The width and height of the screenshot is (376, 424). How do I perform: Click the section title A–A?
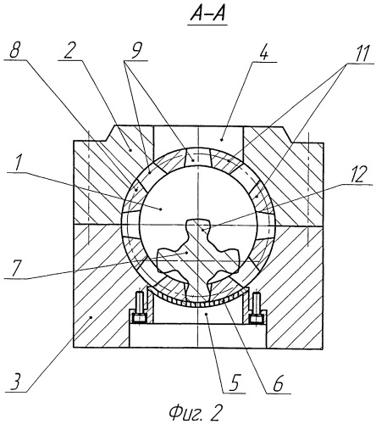click(x=207, y=14)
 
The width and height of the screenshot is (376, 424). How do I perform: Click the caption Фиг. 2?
click(x=195, y=412)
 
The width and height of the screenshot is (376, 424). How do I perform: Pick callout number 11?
click(x=362, y=53)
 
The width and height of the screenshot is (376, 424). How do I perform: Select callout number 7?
click(x=13, y=270)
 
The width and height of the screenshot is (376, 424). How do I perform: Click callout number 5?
click(x=235, y=383)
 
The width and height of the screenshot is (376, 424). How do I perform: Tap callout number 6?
click(x=278, y=384)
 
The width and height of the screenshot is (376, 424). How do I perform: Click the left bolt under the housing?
click(x=139, y=308)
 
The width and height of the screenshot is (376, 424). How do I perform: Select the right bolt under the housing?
click(x=256, y=308)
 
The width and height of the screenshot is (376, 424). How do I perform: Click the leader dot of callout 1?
click(x=161, y=209)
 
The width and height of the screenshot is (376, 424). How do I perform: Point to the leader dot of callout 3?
click(x=91, y=318)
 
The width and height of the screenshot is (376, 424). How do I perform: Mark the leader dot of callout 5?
click(x=207, y=314)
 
